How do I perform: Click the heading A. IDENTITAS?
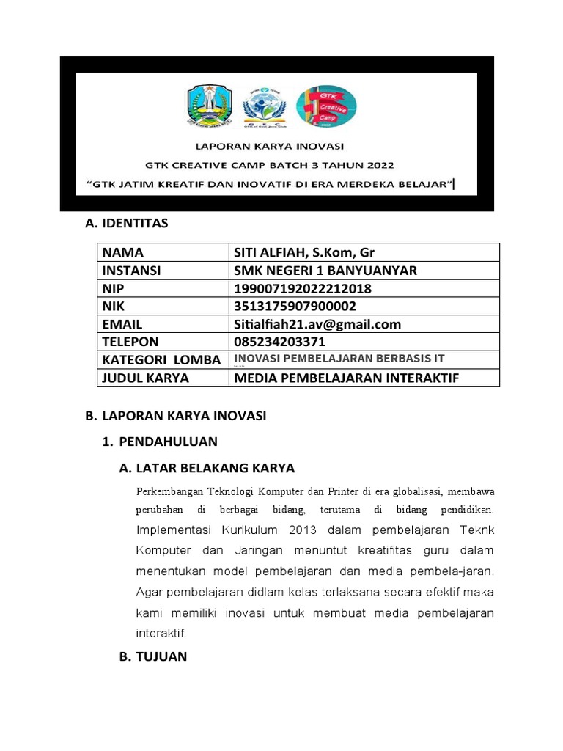pos(127,223)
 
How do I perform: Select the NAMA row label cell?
pos(123,252)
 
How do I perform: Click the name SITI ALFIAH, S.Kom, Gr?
pos(304,252)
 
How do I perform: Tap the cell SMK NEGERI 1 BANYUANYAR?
pos(325,270)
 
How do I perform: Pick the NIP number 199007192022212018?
pos(302,288)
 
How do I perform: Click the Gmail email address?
pos(317,324)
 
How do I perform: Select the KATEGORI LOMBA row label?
pos(161,359)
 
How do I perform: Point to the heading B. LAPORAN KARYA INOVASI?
pos(175,416)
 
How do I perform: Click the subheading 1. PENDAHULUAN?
pos(159,442)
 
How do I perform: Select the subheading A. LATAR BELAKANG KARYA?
pos(206,468)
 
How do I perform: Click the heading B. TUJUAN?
pos(152,656)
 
